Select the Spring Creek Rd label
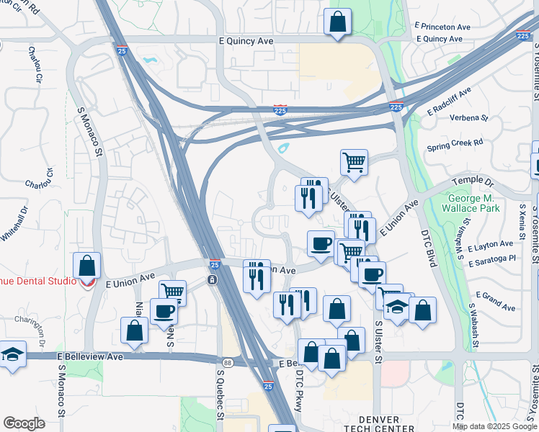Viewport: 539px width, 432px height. point(455,143)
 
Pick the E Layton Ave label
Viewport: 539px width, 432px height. point(489,246)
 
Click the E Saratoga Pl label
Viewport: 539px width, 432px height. point(492,258)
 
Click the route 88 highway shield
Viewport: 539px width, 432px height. point(228,363)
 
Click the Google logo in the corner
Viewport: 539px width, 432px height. point(24,423)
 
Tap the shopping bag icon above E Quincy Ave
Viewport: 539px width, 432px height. point(338,22)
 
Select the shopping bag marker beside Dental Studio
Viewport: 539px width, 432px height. point(87,266)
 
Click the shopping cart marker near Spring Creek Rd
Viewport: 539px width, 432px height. point(354,162)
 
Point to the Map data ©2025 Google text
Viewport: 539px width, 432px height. point(495,426)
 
